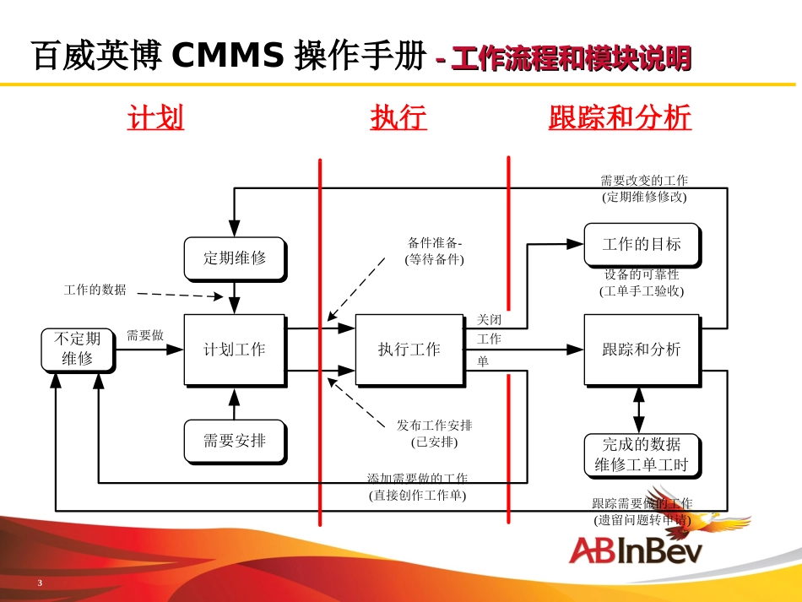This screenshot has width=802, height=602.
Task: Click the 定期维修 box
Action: pyautogui.click(x=234, y=258)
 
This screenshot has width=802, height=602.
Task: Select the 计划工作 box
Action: pyautogui.click(x=234, y=350)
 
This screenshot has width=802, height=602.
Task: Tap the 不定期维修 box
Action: pyautogui.click(x=77, y=349)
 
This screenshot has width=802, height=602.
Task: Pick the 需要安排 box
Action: pyautogui.click(x=234, y=440)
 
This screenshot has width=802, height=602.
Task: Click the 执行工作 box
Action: pyautogui.click(x=409, y=350)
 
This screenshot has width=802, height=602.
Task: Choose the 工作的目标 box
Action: pyautogui.click(x=641, y=245)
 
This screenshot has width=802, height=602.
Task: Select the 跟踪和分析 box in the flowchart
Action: pyautogui.click(x=641, y=350)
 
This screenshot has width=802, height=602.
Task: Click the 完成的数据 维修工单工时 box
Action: pyautogui.click(x=641, y=455)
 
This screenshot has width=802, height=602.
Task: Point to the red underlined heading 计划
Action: pyautogui.click(x=155, y=117)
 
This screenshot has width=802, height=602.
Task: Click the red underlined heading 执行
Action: pyautogui.click(x=398, y=117)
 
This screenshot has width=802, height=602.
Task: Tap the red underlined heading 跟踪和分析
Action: pyautogui.click(x=620, y=117)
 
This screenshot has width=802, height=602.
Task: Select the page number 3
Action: pyautogui.click(x=40, y=584)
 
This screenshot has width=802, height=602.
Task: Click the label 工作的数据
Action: pyautogui.click(x=95, y=290)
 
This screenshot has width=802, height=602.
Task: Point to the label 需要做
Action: pyautogui.click(x=144, y=335)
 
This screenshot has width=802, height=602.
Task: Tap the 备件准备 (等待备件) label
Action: pyautogui.click(x=434, y=252)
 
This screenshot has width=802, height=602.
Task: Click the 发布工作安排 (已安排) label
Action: pyautogui.click(x=434, y=432)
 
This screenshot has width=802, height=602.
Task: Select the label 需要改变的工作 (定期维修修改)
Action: pyautogui.click(x=643, y=188)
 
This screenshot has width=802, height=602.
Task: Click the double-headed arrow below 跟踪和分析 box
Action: pyautogui.click(x=639, y=410)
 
